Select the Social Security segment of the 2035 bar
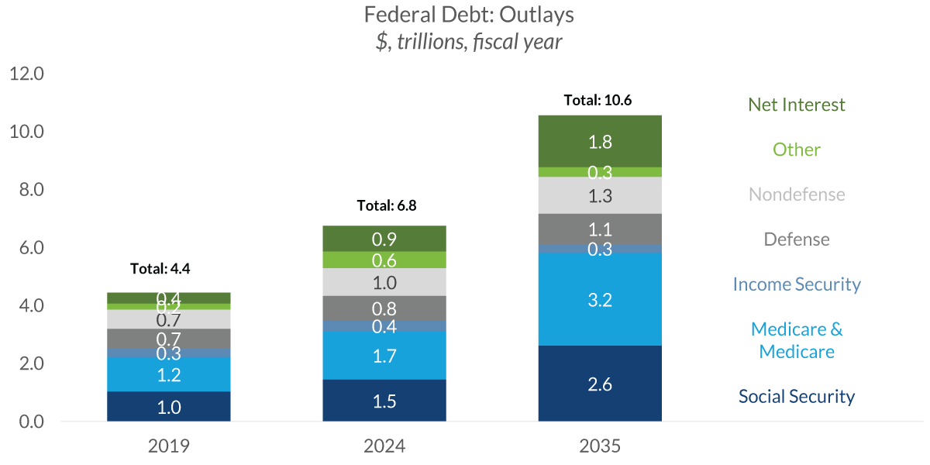click(600, 384)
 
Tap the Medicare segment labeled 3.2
click(600, 300)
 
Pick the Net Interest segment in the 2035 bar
click(600, 141)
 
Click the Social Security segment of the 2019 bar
click(169, 407)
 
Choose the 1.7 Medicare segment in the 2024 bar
click(384, 356)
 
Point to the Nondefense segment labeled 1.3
click(600, 196)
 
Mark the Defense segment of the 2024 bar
click(384, 308)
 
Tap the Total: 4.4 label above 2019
click(160, 269)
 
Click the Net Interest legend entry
click(797, 105)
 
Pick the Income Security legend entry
click(797, 284)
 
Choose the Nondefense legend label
click(797, 195)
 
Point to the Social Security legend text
click(797, 397)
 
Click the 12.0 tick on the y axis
click(26, 74)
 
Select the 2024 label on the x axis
click(384, 446)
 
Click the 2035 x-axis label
click(600, 446)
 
